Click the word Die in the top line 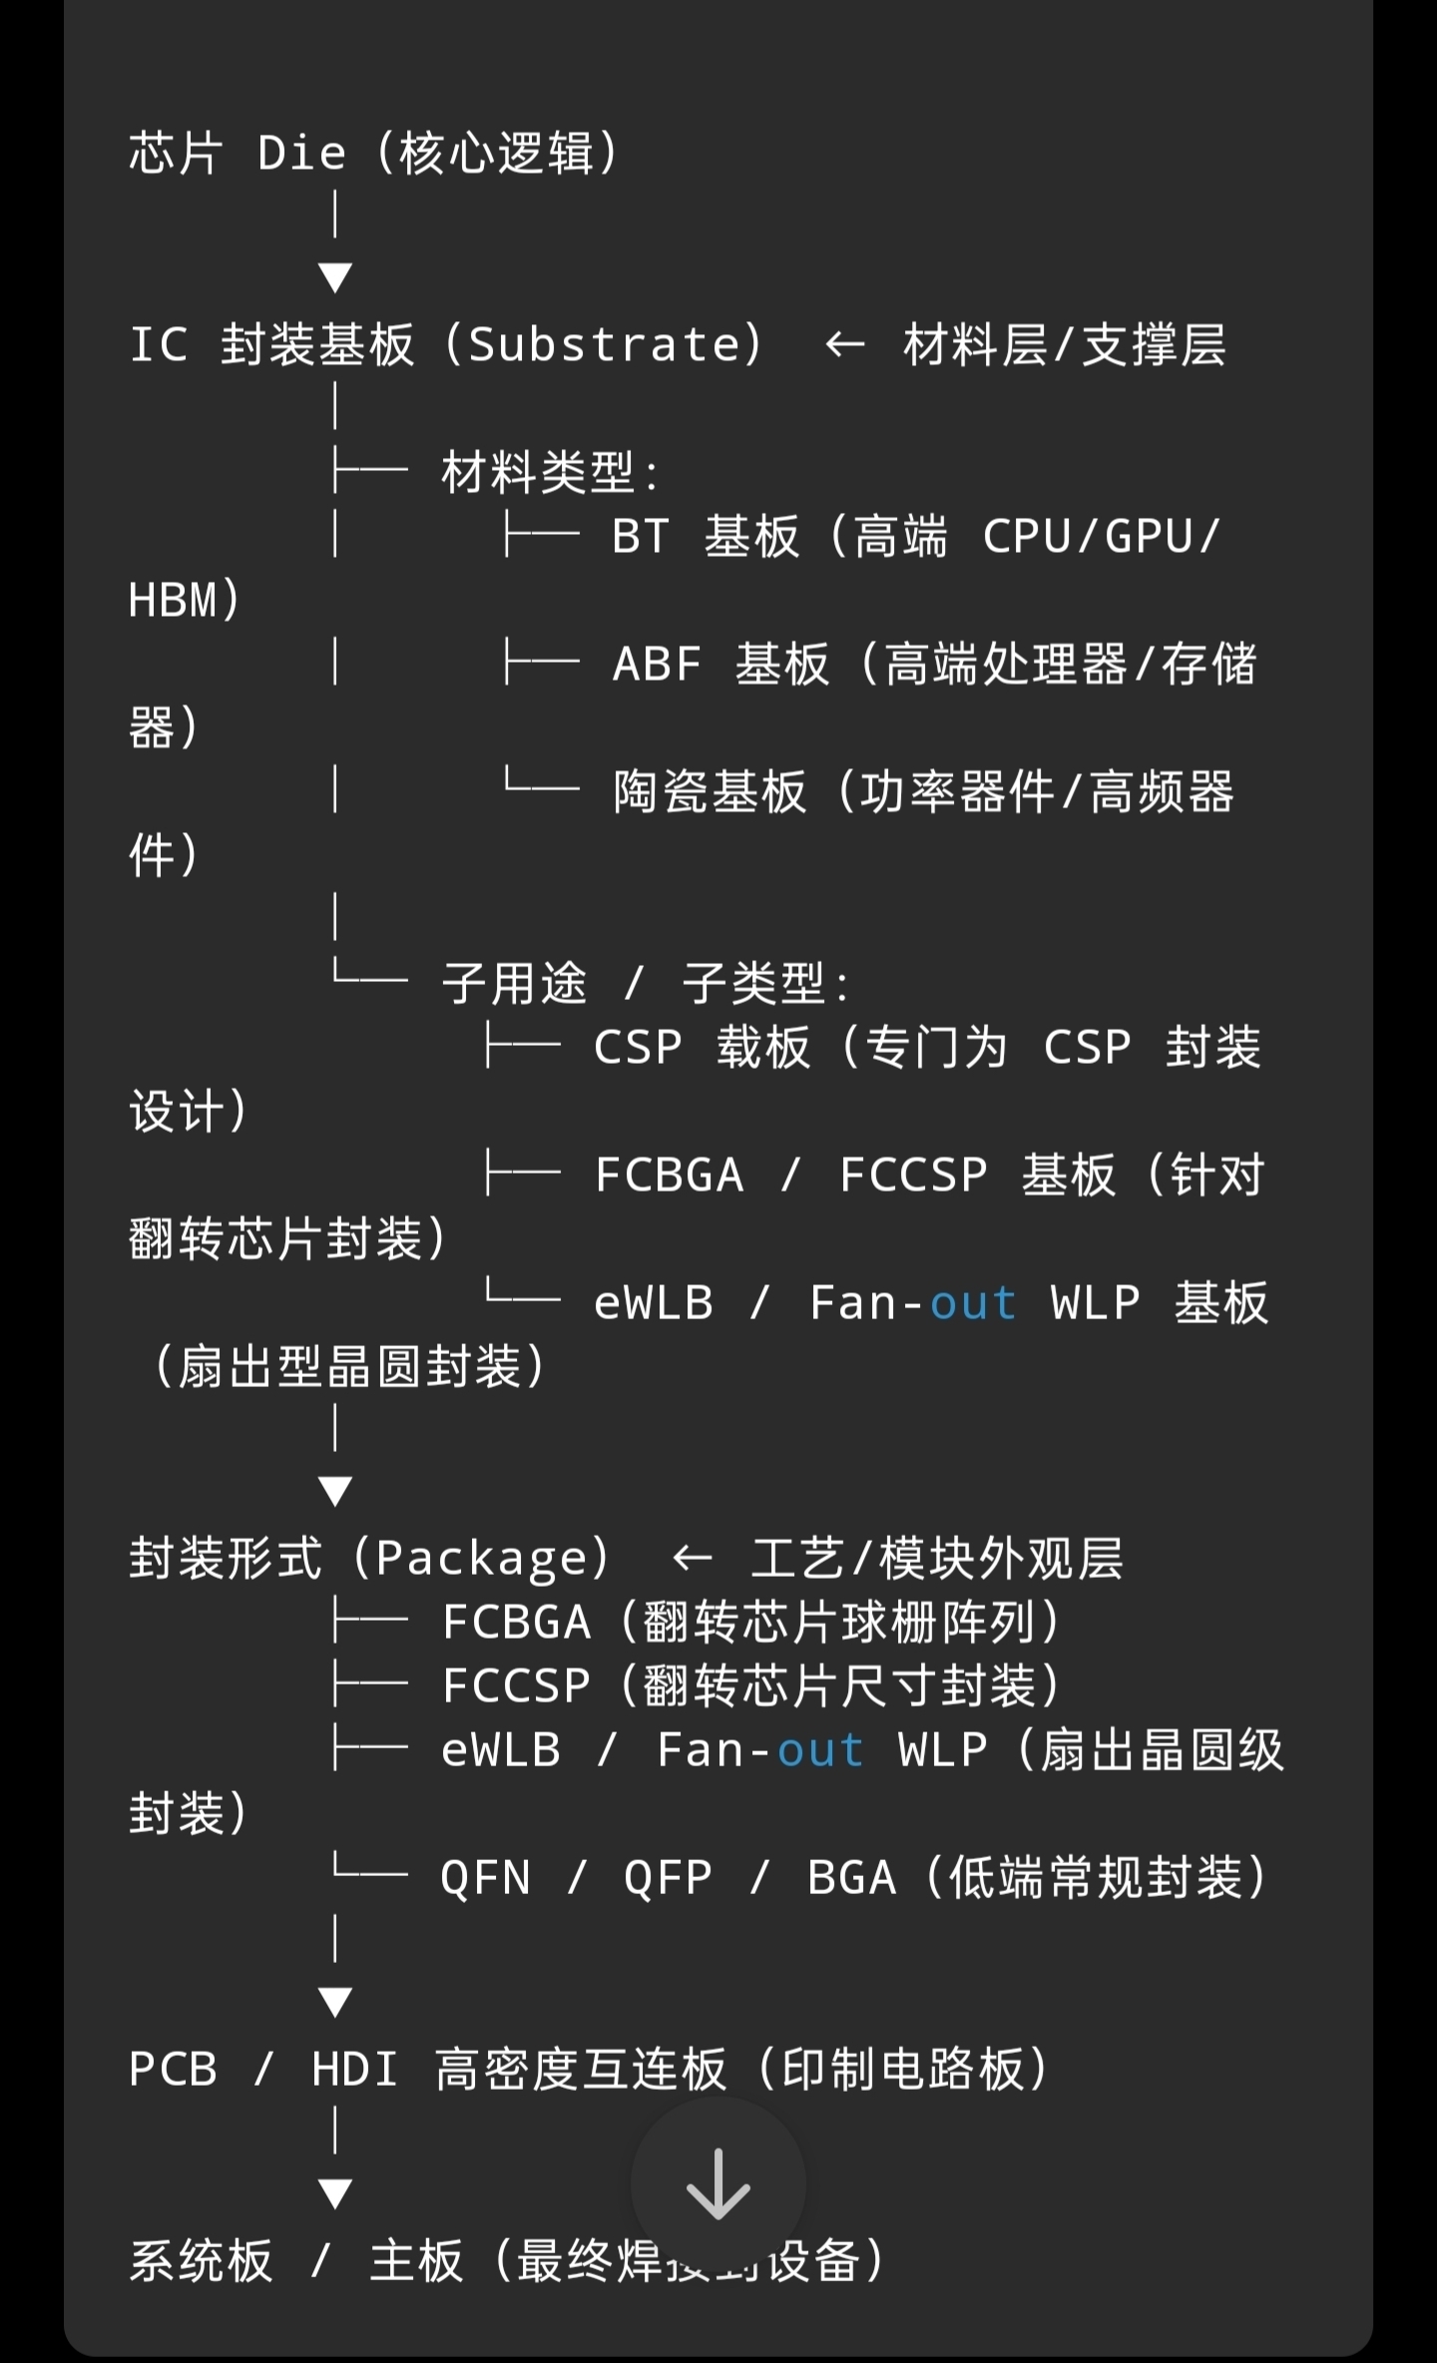pyautogui.click(x=301, y=154)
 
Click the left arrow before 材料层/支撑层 pyautogui.click(x=844, y=345)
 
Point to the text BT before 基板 pyautogui.click(x=640, y=537)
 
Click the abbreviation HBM pyautogui.click(x=173, y=601)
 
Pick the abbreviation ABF pyautogui.click(x=657, y=665)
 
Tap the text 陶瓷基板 pyautogui.click(x=710, y=792)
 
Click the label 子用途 pyautogui.click(x=515, y=984)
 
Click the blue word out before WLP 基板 pyautogui.click(x=973, y=1303)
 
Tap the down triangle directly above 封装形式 pyautogui.click(x=335, y=1491)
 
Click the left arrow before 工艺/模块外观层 pyautogui.click(x=692, y=1559)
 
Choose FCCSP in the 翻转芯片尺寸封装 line pyautogui.click(x=516, y=1686)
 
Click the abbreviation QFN pyautogui.click(x=485, y=1878)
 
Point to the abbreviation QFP pyautogui.click(x=668, y=1878)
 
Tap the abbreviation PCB pyautogui.click(x=173, y=2070)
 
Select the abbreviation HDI pyautogui.click(x=354, y=2070)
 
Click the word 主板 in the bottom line pyautogui.click(x=416, y=2261)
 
